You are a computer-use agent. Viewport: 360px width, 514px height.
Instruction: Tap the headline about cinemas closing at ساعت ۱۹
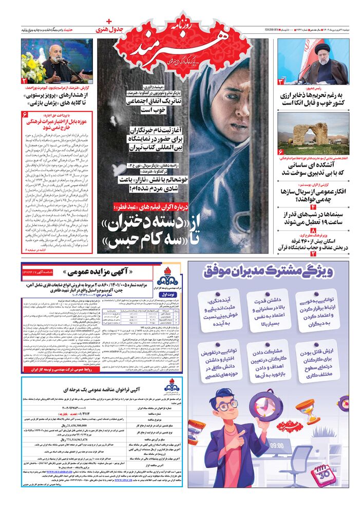pyautogui.click(x=314, y=218)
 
